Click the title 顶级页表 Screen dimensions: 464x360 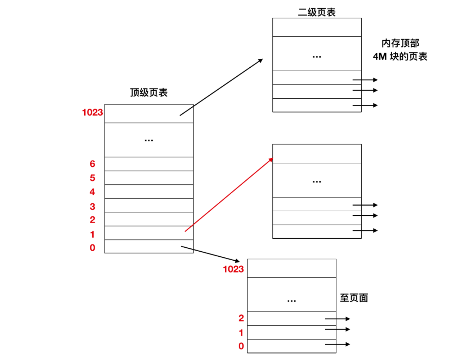[x=149, y=93]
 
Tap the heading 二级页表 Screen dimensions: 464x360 [x=317, y=12]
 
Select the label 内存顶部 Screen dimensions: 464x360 [x=400, y=43]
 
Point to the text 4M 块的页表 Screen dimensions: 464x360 [x=400, y=57]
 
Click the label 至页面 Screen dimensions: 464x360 [x=354, y=298]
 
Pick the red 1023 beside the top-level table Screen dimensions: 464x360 [x=93, y=112]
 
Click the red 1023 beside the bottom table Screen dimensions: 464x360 [x=233, y=269]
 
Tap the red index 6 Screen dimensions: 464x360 [x=92, y=164]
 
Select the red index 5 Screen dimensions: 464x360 [x=92, y=178]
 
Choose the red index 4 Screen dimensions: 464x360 [x=92, y=192]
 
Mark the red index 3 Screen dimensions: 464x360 [x=92, y=206]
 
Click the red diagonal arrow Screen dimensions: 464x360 [x=229, y=195]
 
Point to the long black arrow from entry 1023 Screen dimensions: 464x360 [x=221, y=87]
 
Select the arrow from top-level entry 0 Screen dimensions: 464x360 [x=210, y=254]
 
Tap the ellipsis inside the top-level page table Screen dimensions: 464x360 [x=149, y=140]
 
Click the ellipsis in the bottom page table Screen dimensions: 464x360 [x=291, y=301]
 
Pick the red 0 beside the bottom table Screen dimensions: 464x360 [x=241, y=346]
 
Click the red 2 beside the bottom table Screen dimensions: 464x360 [x=241, y=318]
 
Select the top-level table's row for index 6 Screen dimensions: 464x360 [x=149, y=164]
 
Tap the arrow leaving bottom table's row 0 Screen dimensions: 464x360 [x=338, y=344]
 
